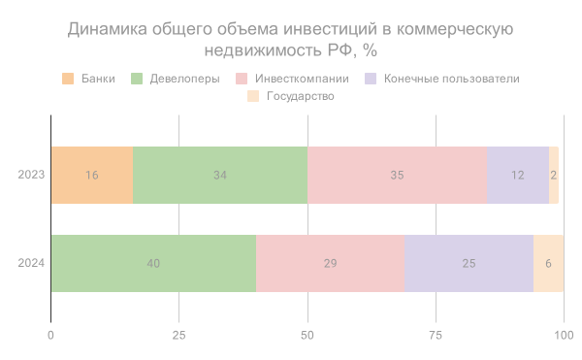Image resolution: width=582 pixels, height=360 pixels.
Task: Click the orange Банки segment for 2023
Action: pos(91,175)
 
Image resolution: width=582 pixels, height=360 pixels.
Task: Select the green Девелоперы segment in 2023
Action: pos(220,175)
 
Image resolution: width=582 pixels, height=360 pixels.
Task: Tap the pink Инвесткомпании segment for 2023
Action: pos(397,175)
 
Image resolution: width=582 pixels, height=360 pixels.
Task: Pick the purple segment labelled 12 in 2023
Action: pos(517,175)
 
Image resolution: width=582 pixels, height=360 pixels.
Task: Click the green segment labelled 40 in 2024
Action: pos(153,263)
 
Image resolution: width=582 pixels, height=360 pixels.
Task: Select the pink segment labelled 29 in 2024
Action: pos(330,263)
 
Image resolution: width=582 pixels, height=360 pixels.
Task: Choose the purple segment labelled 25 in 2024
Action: pos(469,263)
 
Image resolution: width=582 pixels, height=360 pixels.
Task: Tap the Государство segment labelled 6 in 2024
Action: pos(548,263)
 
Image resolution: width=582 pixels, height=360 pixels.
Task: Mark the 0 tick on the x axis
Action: pos(50,335)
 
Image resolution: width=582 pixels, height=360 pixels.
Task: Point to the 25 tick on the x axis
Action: pos(178,335)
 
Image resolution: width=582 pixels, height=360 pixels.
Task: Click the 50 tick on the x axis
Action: pos(307,335)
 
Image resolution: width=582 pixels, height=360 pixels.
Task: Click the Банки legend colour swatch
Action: pos(68,79)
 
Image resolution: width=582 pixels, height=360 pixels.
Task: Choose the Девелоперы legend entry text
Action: pos(184,79)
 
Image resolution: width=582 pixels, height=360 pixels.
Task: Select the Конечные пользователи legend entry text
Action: pos(451,79)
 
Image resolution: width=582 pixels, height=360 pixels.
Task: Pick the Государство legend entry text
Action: pos(302,96)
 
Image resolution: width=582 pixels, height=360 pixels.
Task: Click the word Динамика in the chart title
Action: pos(106,30)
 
